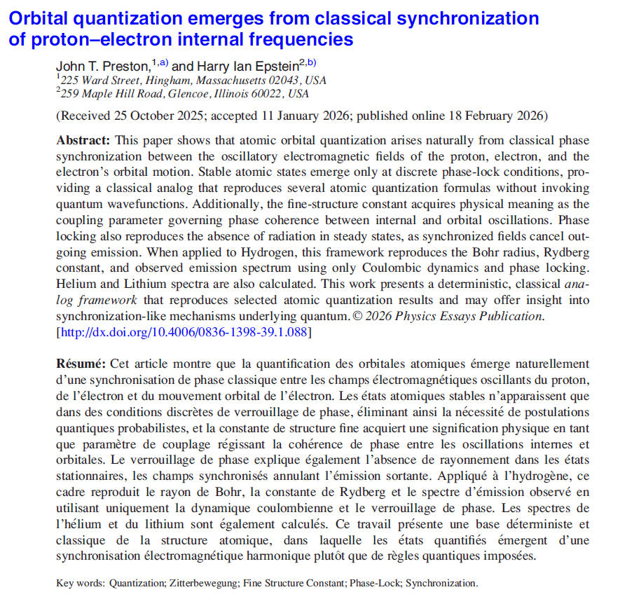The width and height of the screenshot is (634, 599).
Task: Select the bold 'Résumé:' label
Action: point(81,364)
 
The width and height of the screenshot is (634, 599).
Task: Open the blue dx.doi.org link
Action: point(184,332)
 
